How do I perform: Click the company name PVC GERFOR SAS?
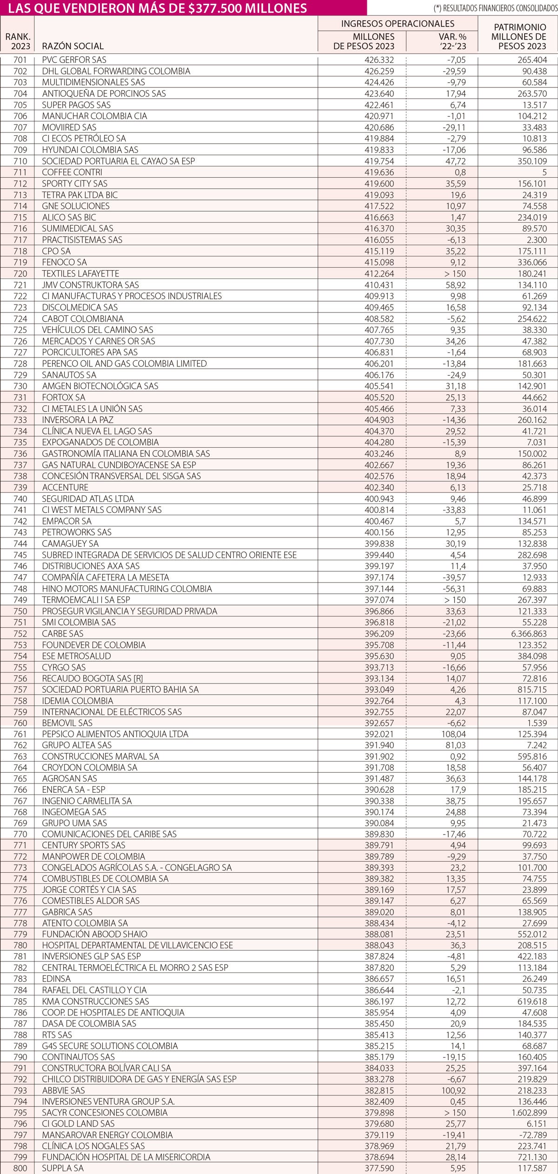[x=74, y=60]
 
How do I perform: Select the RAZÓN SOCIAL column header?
[x=73, y=46]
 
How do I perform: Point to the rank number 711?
[x=20, y=172]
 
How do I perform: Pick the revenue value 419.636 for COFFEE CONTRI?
[x=379, y=172]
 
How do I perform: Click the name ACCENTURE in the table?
[x=65, y=487]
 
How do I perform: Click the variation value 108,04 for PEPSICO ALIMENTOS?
[x=453, y=734]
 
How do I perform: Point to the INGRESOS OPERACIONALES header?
[x=398, y=24]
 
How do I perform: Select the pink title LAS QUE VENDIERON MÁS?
[x=158, y=8]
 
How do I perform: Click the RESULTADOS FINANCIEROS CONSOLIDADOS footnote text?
[x=495, y=8]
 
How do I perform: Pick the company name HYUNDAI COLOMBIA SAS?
[x=90, y=150]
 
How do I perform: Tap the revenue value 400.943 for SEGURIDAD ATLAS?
[x=379, y=498]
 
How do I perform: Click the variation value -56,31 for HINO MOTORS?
[x=453, y=589]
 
